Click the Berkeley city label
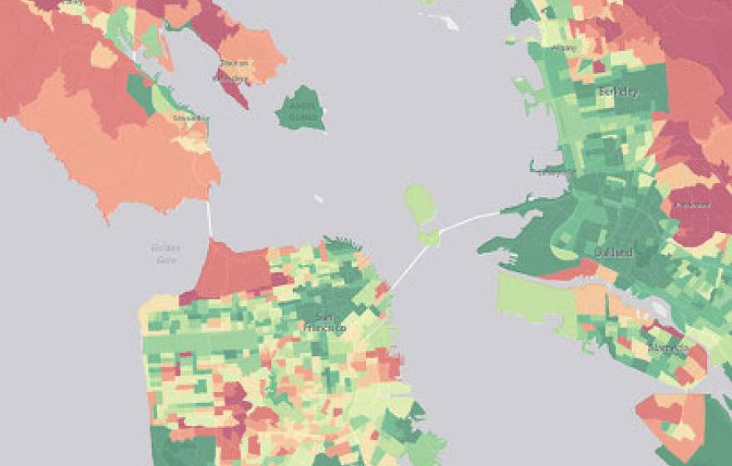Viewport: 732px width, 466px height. tap(618, 92)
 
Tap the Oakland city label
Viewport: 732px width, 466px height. tap(615, 251)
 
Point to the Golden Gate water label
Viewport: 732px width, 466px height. tap(166, 253)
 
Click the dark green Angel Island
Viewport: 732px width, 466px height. tap(300, 108)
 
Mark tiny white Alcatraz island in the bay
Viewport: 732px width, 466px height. tap(319, 199)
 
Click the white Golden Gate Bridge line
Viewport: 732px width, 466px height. tap(209, 218)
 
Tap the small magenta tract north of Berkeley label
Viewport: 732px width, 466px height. tap(598, 67)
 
